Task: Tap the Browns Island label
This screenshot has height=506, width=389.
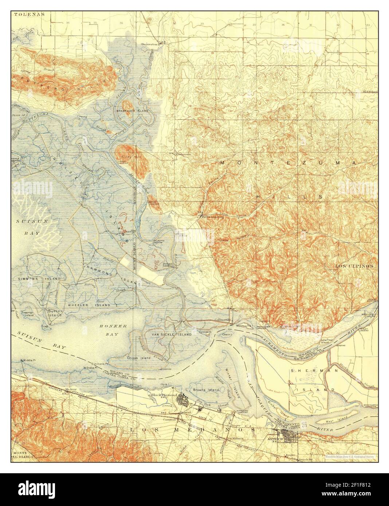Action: [206, 390]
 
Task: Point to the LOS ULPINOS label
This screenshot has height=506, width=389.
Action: [354, 266]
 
